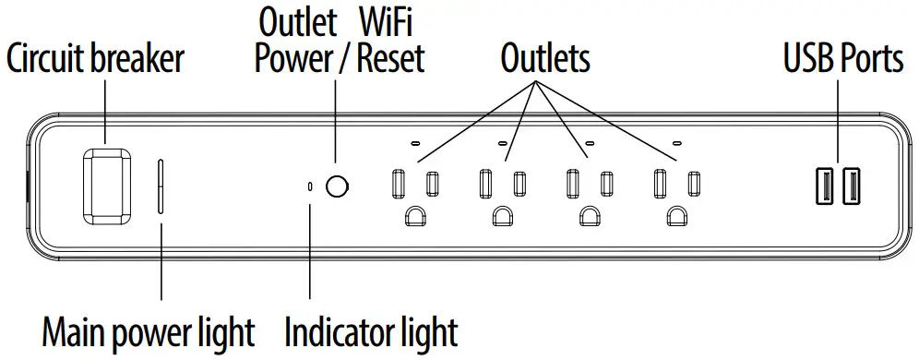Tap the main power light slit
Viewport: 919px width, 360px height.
(162, 186)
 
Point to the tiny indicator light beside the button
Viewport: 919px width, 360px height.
(310, 186)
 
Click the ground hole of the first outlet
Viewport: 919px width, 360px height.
(414, 218)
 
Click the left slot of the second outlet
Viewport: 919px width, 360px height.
(485, 183)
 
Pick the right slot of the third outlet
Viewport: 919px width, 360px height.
(606, 183)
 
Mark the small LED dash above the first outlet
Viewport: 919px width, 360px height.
(414, 144)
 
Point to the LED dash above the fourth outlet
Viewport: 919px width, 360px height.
(678, 144)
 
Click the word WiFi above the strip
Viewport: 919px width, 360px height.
(388, 20)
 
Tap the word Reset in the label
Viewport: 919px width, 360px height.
(390, 59)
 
